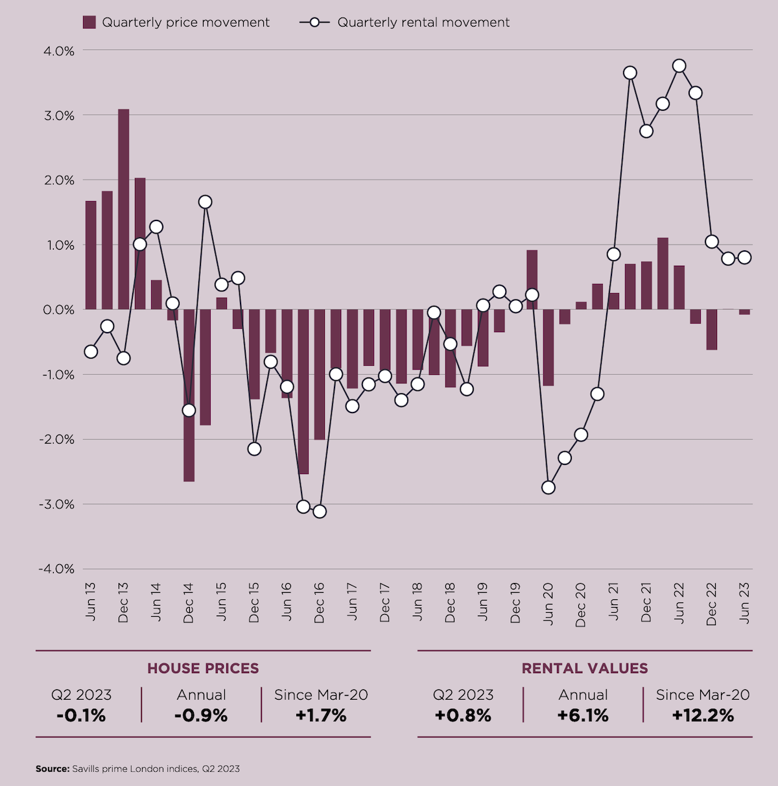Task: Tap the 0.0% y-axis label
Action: click(58, 310)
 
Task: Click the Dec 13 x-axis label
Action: click(123, 603)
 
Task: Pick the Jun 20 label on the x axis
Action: click(548, 603)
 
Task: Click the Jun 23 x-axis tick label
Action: click(744, 603)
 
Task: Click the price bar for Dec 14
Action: click(189, 396)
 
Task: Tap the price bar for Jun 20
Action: click(548, 348)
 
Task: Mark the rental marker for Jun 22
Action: click(679, 66)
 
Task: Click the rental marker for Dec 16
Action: click(319, 511)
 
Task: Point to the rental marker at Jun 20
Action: click(548, 487)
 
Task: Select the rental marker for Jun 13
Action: click(91, 351)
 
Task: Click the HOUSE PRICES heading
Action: click(203, 669)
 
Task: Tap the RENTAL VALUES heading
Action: click(585, 669)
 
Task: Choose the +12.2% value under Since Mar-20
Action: click(703, 716)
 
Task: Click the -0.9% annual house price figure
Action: click(201, 716)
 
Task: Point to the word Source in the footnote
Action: click(52, 768)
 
